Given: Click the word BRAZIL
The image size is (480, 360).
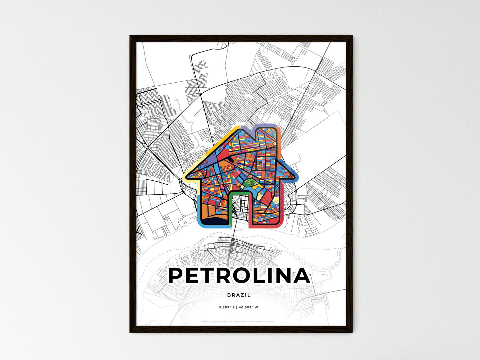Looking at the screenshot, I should pyautogui.click(x=239, y=295).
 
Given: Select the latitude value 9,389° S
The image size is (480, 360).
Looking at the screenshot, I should pyautogui.click(x=226, y=307).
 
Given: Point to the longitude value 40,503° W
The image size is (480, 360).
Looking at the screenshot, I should pyautogui.click(x=248, y=307).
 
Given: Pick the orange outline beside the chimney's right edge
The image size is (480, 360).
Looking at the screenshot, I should pyautogui.click(x=279, y=139).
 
